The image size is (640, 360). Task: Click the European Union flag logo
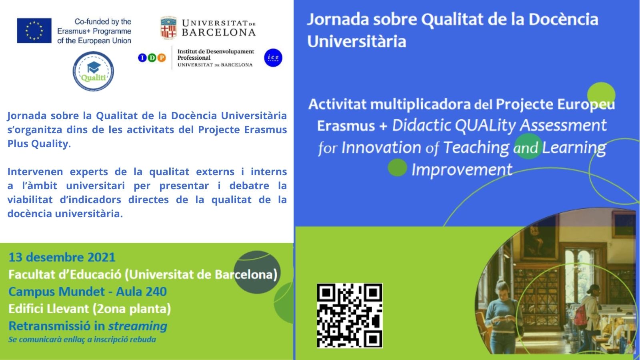(x=34, y=30)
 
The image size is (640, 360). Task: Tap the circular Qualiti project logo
(x=93, y=71)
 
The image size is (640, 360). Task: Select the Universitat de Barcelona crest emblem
(x=168, y=28)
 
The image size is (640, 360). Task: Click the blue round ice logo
(x=273, y=58)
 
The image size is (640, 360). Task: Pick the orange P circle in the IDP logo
(x=162, y=58)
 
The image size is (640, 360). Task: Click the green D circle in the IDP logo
(x=152, y=58)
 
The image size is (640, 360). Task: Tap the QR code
(x=350, y=316)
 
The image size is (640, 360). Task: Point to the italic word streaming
(x=138, y=326)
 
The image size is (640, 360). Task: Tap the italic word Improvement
(x=462, y=170)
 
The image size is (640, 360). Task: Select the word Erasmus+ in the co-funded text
(x=74, y=31)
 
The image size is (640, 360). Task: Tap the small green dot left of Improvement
(x=398, y=168)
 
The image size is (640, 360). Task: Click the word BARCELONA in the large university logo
(x=218, y=32)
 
